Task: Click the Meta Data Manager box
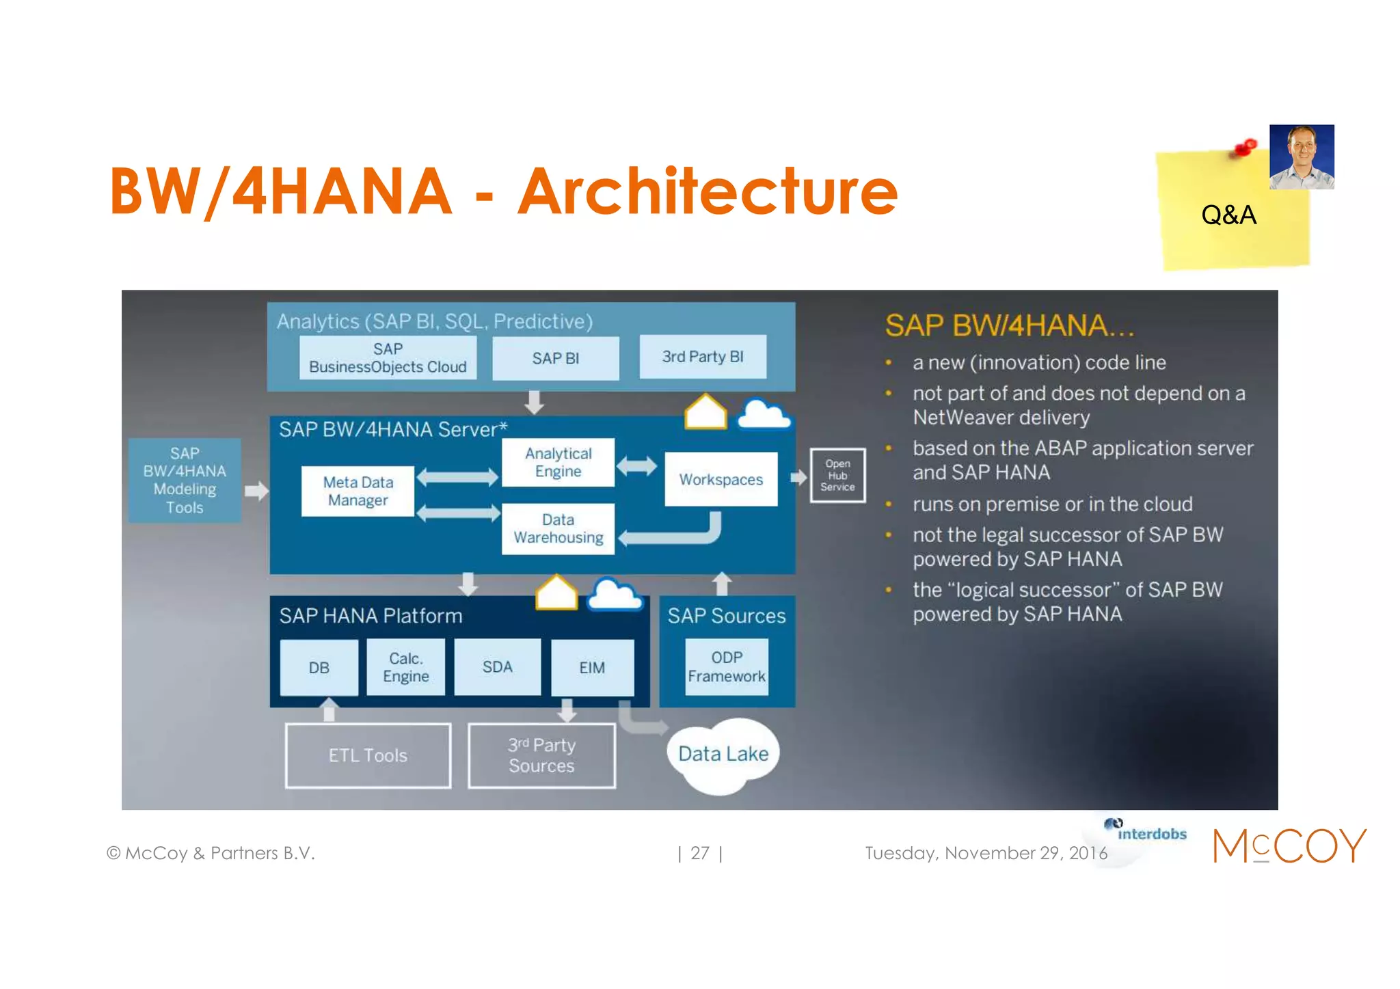[x=358, y=491]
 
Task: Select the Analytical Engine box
[x=558, y=462]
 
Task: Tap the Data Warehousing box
[x=558, y=528]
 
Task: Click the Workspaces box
[x=721, y=479]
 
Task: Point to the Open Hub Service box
[x=837, y=475]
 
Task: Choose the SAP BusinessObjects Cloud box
[x=388, y=358]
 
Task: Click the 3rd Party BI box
[x=702, y=357]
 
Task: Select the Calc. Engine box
[x=405, y=667]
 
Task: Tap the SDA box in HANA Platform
[x=497, y=667]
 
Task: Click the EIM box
[x=592, y=667]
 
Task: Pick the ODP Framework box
[x=726, y=666]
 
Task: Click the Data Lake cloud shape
[x=723, y=754]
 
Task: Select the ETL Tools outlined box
[x=368, y=755]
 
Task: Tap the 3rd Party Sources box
[x=541, y=755]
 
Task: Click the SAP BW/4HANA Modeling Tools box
[x=185, y=480]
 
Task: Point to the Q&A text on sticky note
[x=1228, y=215]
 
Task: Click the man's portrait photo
[x=1302, y=157]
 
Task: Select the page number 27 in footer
[x=699, y=853]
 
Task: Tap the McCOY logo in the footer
[x=1289, y=845]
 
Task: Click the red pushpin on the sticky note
[x=1245, y=148]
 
